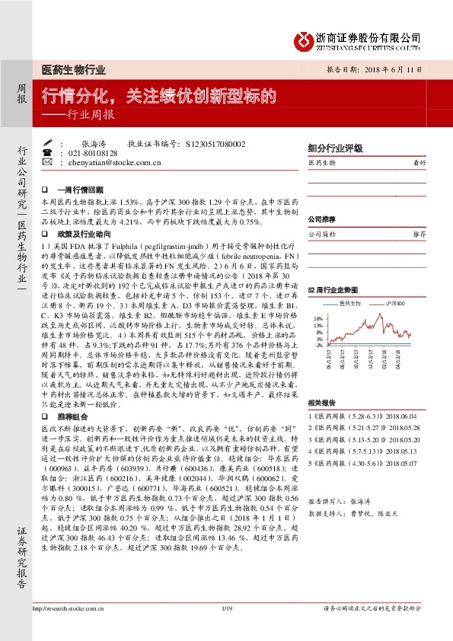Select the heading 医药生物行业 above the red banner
pos(73,70)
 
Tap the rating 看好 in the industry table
pos(419,163)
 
